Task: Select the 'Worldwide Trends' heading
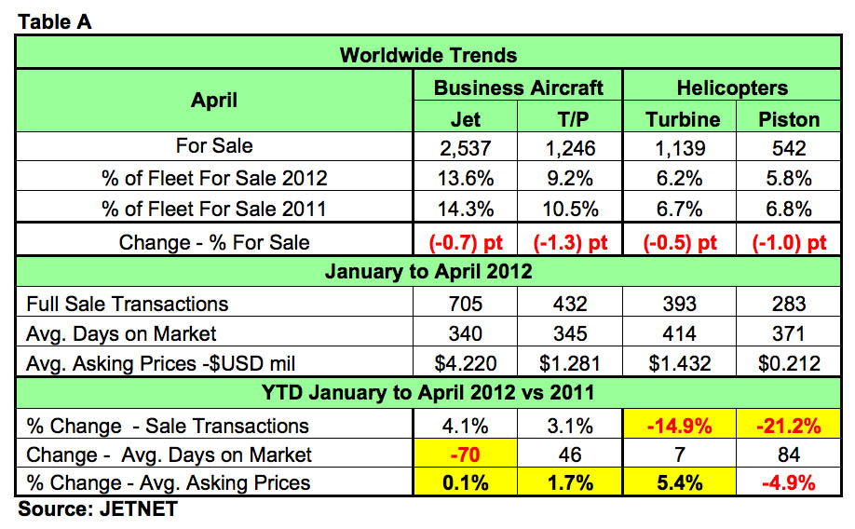[x=427, y=54]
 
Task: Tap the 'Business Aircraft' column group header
[x=518, y=88]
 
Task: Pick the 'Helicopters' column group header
[x=735, y=88]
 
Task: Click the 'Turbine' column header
[x=683, y=119]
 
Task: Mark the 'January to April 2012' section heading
[x=427, y=272]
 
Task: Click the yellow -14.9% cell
[x=683, y=426]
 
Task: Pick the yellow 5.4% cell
[x=683, y=482]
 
